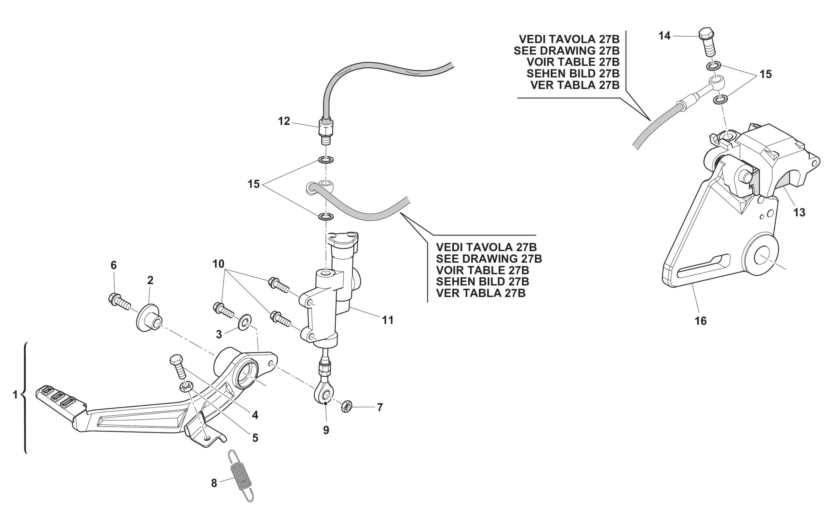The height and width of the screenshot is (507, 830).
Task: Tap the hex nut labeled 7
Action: [347, 407]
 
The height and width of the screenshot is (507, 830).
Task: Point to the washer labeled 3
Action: [244, 323]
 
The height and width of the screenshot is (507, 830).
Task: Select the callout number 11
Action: [388, 320]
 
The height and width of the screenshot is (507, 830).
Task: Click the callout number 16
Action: [701, 321]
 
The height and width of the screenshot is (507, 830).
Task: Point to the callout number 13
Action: [799, 213]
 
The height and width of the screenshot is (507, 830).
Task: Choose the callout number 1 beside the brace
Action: [15, 395]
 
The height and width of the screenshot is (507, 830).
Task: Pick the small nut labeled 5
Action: [185, 386]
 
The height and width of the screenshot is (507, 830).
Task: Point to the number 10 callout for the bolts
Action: [218, 264]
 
